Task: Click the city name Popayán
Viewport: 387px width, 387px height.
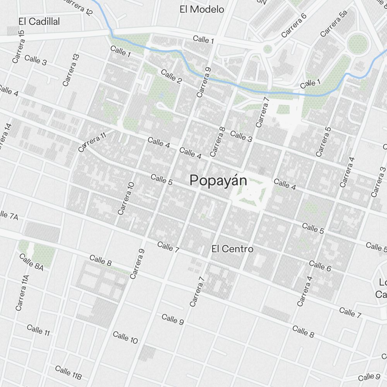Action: click(x=218, y=180)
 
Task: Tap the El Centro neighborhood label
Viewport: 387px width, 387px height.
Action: click(x=232, y=249)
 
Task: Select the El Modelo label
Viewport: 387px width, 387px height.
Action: click(x=202, y=9)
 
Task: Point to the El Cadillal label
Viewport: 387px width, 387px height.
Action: click(x=39, y=22)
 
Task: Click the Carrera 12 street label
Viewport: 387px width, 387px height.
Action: click(x=77, y=7)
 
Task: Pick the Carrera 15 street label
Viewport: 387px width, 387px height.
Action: click(x=19, y=46)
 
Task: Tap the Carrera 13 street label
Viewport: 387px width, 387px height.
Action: click(x=71, y=70)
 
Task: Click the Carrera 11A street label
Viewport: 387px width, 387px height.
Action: click(x=22, y=293)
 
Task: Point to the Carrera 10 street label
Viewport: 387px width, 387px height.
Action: click(x=126, y=198)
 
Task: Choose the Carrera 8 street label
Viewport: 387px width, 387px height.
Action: click(x=217, y=142)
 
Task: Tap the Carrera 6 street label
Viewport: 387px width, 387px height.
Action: click(x=294, y=26)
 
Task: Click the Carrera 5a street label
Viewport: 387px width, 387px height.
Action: click(x=334, y=24)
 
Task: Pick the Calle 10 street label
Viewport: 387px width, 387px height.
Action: click(x=125, y=337)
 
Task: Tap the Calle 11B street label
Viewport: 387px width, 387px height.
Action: click(x=68, y=372)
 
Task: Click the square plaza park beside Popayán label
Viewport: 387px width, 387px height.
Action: click(x=251, y=192)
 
